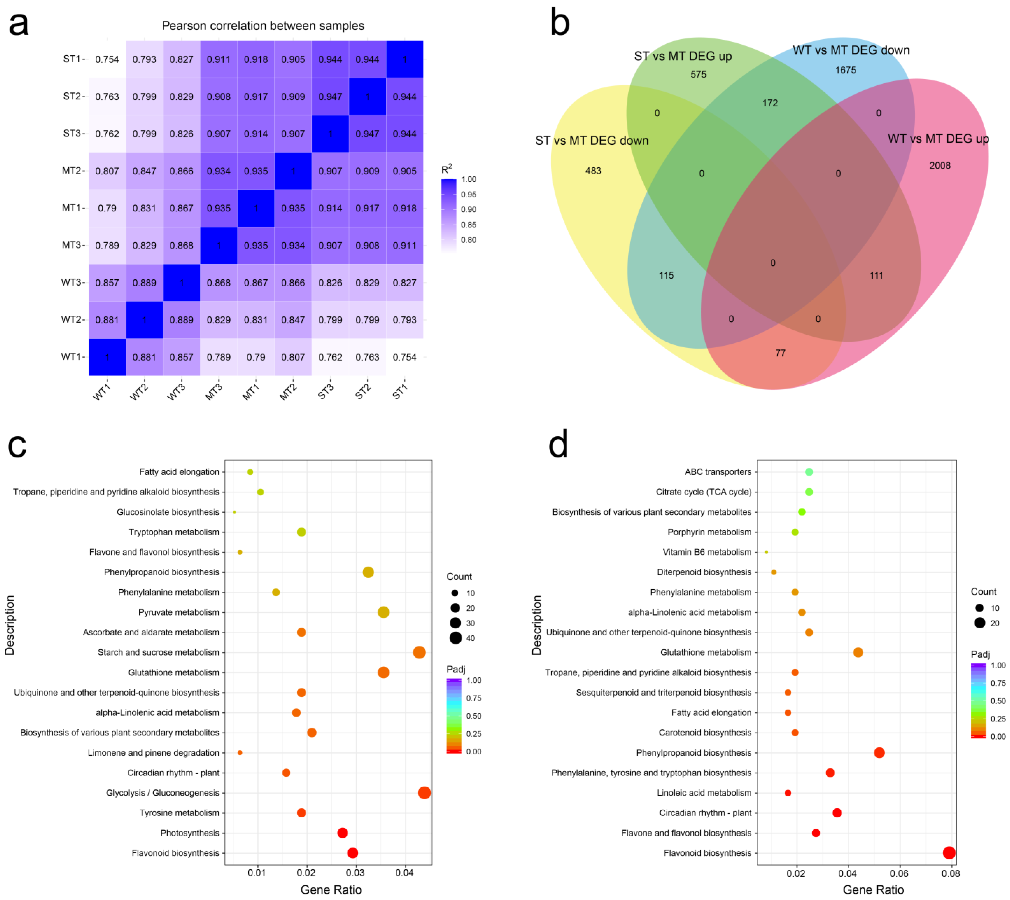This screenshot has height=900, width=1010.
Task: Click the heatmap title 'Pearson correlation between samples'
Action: point(263,26)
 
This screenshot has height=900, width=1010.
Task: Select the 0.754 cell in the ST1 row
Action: point(107,59)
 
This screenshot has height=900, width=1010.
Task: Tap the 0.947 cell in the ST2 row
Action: point(330,96)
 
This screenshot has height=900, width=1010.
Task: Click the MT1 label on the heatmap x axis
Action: point(251,392)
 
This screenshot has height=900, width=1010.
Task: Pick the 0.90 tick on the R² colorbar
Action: point(469,209)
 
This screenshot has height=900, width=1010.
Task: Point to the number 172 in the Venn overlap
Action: point(770,103)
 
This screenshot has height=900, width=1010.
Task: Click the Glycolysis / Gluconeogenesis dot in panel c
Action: point(424,793)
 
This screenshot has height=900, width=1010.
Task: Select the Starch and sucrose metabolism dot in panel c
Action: point(419,652)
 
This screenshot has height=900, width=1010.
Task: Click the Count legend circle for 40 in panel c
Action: point(455,638)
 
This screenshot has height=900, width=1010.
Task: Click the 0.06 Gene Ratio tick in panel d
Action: point(899,873)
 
